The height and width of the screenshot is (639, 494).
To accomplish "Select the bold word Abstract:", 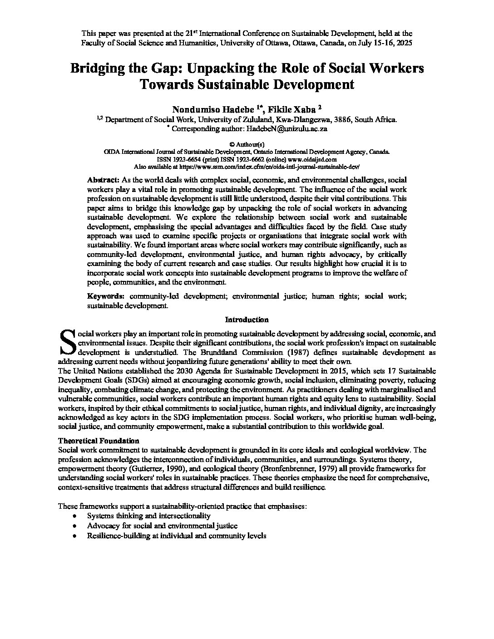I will coord(104,180).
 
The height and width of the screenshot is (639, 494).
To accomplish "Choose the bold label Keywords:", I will coord(106,296).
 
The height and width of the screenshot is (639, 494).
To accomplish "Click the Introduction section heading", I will coord(247,319).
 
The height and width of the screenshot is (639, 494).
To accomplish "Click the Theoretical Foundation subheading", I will coord(99,441).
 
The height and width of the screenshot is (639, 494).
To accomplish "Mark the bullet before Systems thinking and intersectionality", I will coord(74,516).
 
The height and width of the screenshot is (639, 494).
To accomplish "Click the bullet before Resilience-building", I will coord(74,536).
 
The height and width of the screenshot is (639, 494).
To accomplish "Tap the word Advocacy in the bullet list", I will coord(102,526).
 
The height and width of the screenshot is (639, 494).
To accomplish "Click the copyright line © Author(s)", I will coord(247,144).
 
